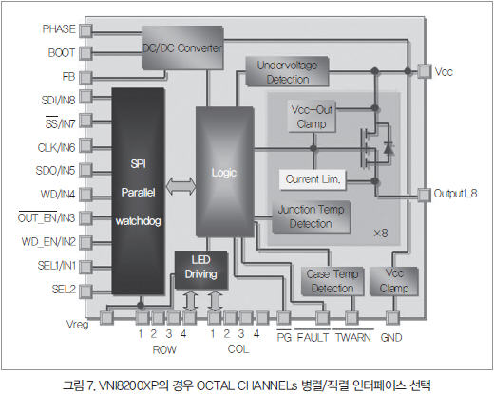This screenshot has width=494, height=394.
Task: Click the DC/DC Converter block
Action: (182, 47)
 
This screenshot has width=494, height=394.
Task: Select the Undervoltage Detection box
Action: (287, 71)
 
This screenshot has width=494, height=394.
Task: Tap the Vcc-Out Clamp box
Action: (312, 116)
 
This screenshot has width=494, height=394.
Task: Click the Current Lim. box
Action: (313, 179)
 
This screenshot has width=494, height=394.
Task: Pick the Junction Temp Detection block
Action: (311, 216)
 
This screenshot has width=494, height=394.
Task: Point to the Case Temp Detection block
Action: (332, 281)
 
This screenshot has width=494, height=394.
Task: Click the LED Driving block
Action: (201, 270)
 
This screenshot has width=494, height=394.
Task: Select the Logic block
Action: (224, 172)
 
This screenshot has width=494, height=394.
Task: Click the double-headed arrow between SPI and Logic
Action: (180, 186)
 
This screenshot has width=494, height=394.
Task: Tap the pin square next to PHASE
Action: (85, 30)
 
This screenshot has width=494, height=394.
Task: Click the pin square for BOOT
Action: (85, 53)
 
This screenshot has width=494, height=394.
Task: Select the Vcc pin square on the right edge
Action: (425, 71)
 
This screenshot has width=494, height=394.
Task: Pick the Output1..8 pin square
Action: (425, 195)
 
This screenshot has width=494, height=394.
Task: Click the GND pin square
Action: (392, 318)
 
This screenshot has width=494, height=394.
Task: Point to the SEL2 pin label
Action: (64, 289)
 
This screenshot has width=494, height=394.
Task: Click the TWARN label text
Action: (353, 337)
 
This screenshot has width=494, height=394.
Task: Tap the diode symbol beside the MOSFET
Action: (389, 148)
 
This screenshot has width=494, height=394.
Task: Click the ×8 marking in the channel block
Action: (381, 234)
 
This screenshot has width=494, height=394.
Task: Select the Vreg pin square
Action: (106, 318)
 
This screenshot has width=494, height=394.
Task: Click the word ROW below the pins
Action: (164, 349)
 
